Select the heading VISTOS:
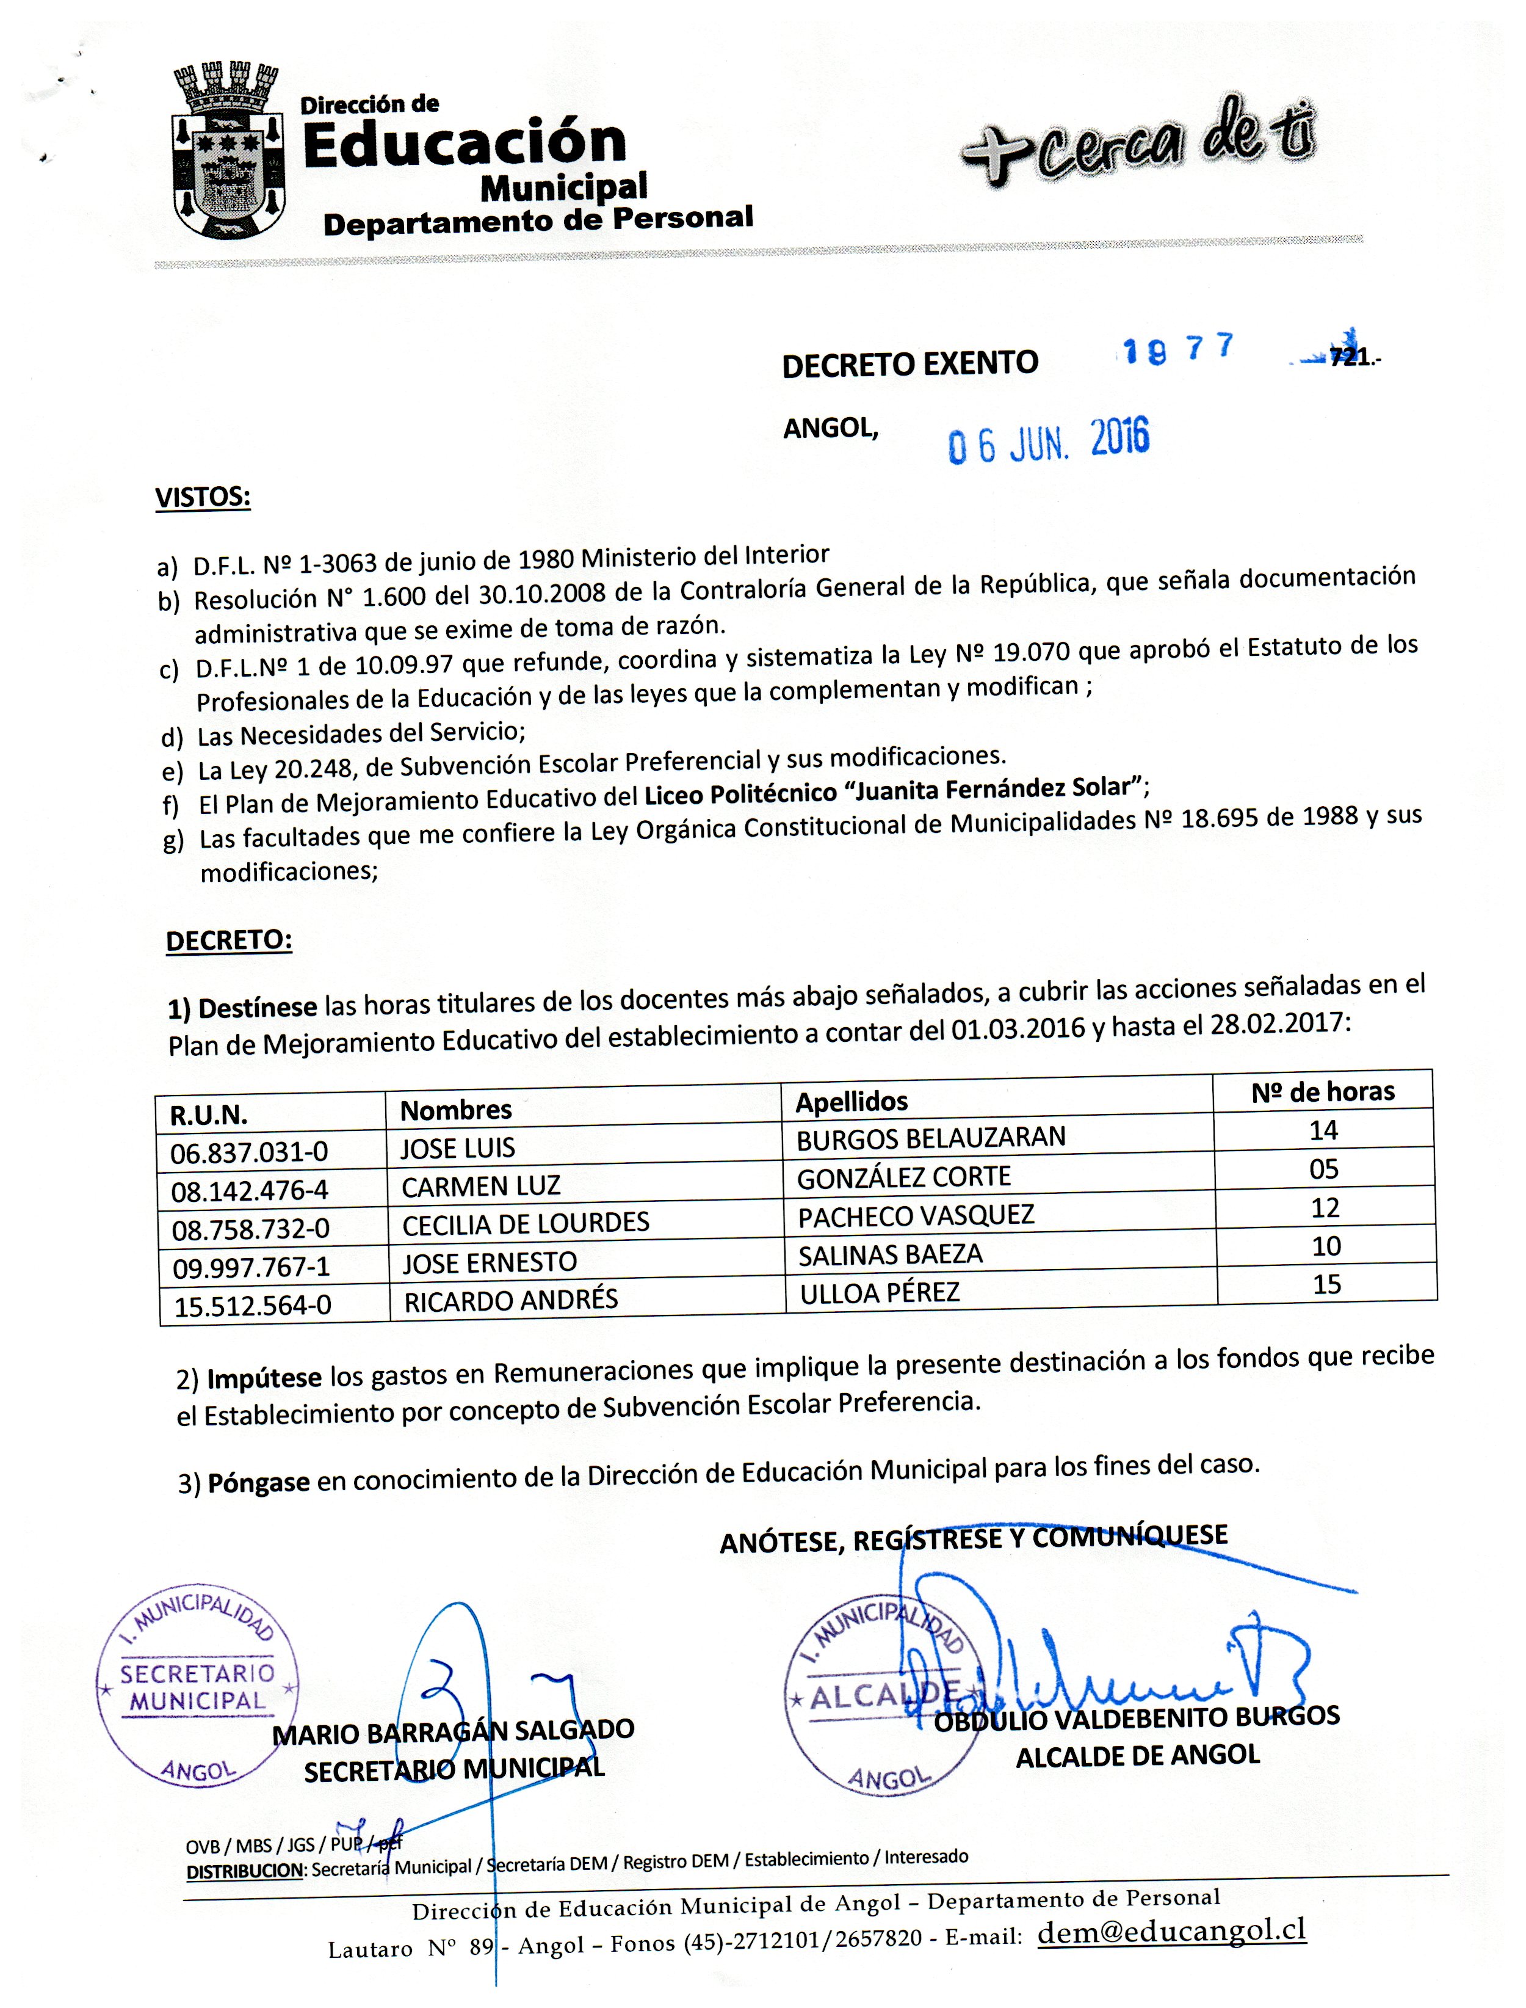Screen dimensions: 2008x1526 click(x=203, y=498)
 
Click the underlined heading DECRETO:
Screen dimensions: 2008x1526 click(x=229, y=940)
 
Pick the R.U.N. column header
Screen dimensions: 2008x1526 click(x=209, y=1114)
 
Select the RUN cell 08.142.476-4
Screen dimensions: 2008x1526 click(x=250, y=1190)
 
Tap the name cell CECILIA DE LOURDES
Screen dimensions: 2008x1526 click(x=526, y=1223)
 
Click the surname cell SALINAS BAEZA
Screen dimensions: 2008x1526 click(x=890, y=1255)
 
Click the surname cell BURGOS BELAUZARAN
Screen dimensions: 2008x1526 click(x=930, y=1138)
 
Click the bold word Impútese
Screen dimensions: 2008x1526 click(x=264, y=1378)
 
